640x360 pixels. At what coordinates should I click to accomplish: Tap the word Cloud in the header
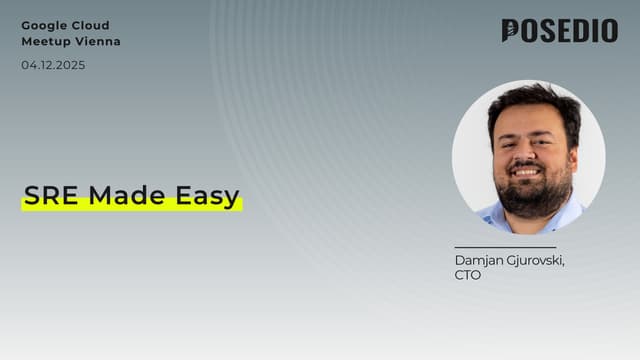tap(90, 25)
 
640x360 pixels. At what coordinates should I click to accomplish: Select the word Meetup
tap(44, 42)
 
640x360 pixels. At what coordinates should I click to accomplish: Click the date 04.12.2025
tap(53, 65)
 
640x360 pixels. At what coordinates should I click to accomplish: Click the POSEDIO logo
tap(559, 31)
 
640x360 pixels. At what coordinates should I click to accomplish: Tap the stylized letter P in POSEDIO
tap(511, 31)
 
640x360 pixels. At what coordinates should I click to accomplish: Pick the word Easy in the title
tap(206, 197)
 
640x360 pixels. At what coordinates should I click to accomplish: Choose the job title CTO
tap(467, 275)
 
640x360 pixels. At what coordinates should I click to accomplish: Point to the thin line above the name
tap(504, 247)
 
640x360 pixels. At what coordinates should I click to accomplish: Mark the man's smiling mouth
tap(527, 171)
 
